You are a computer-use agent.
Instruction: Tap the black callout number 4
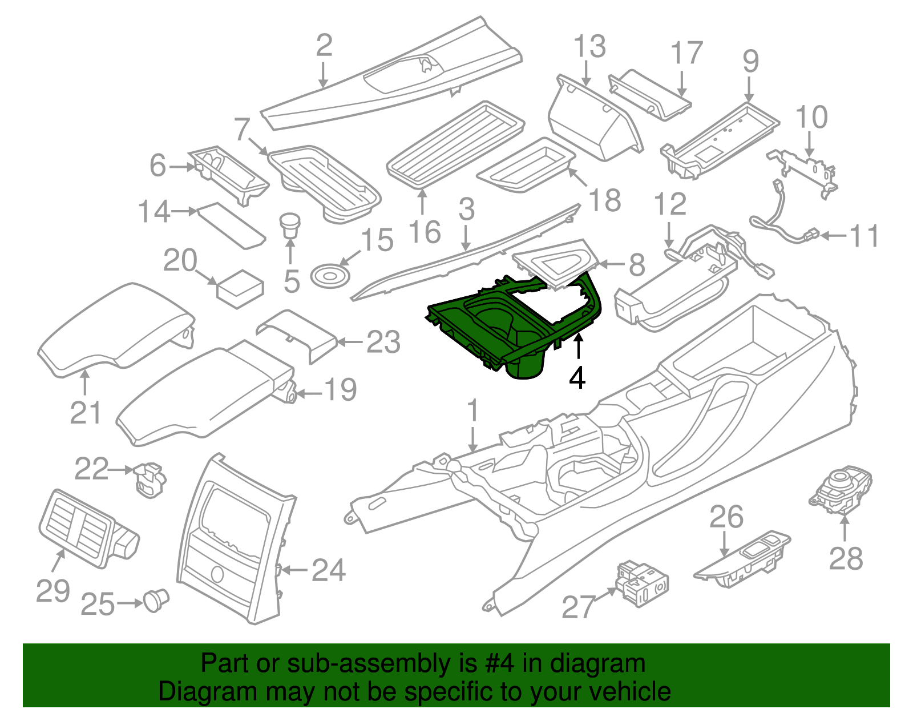coord(577,377)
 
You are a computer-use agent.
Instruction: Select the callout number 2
coord(324,46)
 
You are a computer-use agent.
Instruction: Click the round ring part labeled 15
coord(330,276)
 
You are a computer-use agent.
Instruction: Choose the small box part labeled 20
coord(240,288)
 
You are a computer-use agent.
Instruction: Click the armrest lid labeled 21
coord(114,331)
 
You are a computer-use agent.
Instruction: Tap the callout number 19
coord(341,390)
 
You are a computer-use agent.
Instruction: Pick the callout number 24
coord(329,570)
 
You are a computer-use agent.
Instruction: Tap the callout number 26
coord(726,517)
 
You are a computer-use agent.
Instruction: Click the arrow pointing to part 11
coord(833,235)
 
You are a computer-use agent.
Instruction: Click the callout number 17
coord(686,53)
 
